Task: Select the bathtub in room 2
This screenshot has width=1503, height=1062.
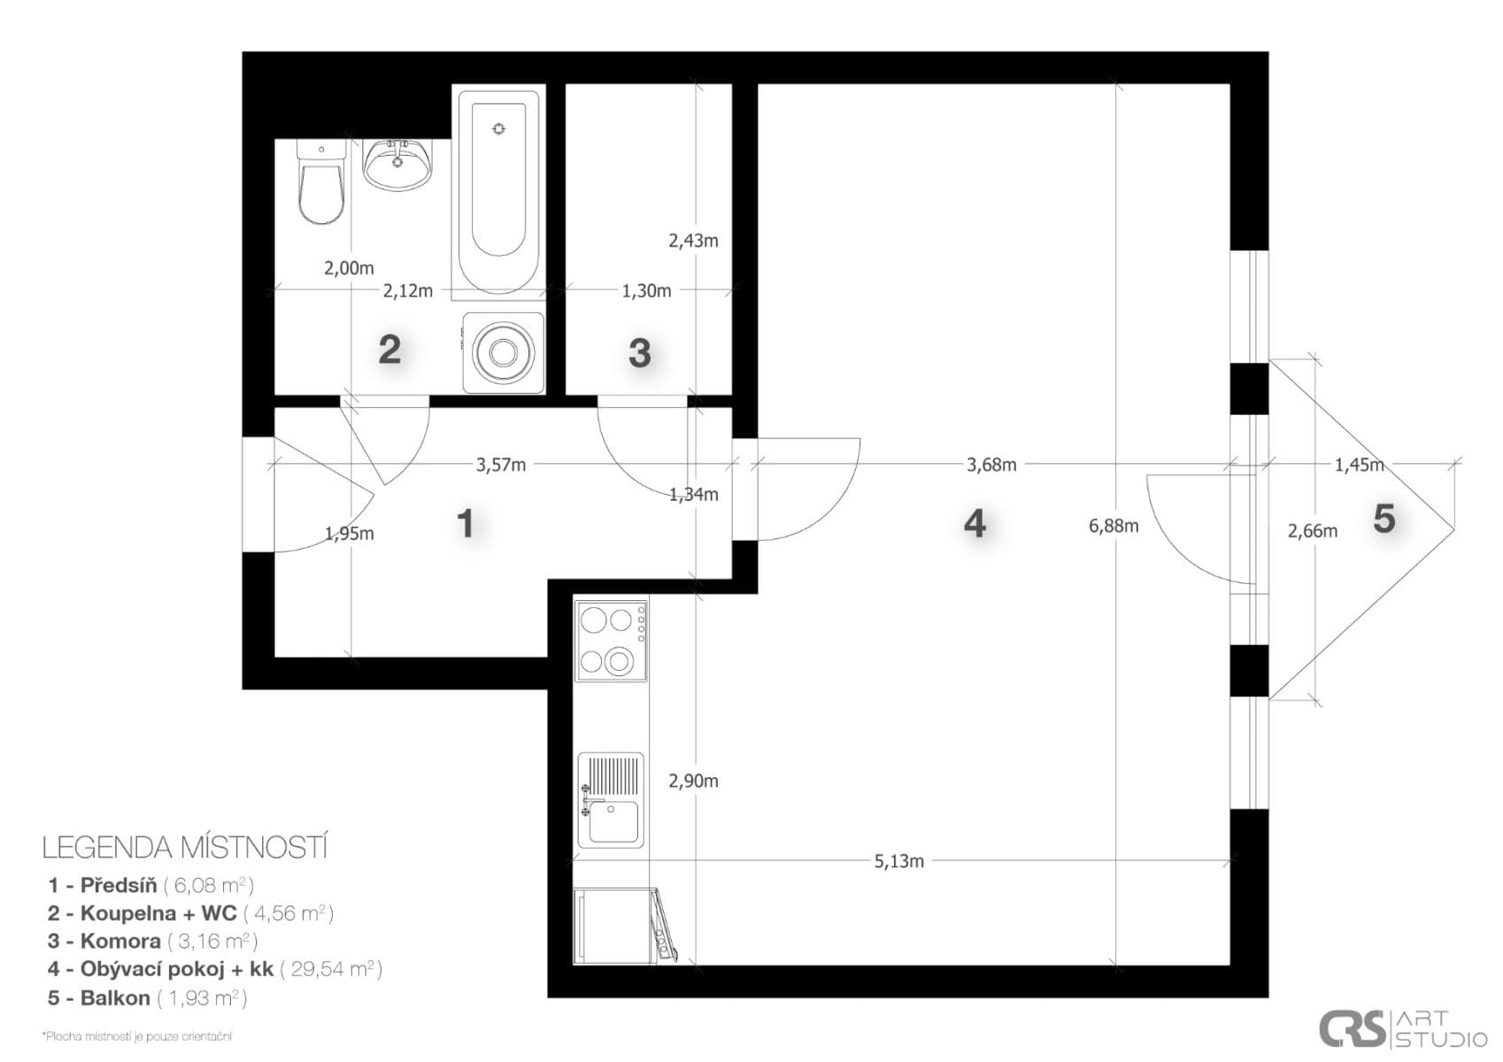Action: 497,190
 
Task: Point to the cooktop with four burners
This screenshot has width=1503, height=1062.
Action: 611,641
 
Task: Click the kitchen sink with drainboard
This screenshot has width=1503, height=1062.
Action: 611,800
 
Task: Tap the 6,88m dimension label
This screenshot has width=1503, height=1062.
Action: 1114,527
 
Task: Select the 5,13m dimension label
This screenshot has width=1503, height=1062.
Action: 898,861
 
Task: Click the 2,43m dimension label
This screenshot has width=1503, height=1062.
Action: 693,241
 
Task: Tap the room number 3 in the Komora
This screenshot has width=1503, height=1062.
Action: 639,353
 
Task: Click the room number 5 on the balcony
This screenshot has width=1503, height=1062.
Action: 1384,519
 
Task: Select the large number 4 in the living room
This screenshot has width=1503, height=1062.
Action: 974,524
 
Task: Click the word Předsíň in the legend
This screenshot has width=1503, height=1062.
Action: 119,885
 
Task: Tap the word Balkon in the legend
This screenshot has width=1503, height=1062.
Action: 115,998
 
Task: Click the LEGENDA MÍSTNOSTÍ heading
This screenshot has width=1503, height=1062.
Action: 185,848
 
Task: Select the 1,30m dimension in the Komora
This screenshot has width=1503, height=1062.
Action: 646,291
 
